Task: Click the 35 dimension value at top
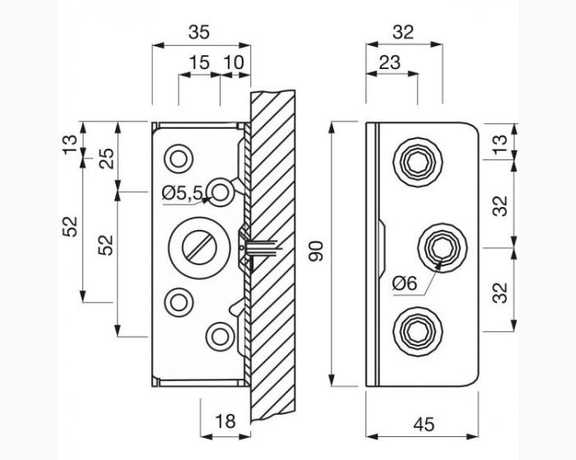pyautogui.click(x=199, y=32)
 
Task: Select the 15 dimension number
pyautogui.click(x=199, y=62)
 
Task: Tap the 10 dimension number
pyautogui.click(x=234, y=62)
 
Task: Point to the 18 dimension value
pyautogui.click(x=225, y=421)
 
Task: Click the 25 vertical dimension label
pyautogui.click(x=106, y=158)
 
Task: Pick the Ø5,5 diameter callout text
pyautogui.click(x=182, y=193)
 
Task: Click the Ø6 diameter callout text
pyautogui.click(x=405, y=283)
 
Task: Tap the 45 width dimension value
pyautogui.click(x=424, y=425)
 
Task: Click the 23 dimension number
pyautogui.click(x=389, y=62)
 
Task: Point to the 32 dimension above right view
pyautogui.click(x=403, y=32)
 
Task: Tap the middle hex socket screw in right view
pyautogui.click(x=443, y=247)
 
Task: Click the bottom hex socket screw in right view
pyautogui.click(x=418, y=332)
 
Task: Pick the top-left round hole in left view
pyautogui.click(x=179, y=159)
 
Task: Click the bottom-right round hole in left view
pyautogui.click(x=220, y=337)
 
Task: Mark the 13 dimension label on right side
pyautogui.click(x=500, y=145)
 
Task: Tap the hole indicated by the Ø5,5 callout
pyautogui.click(x=220, y=192)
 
